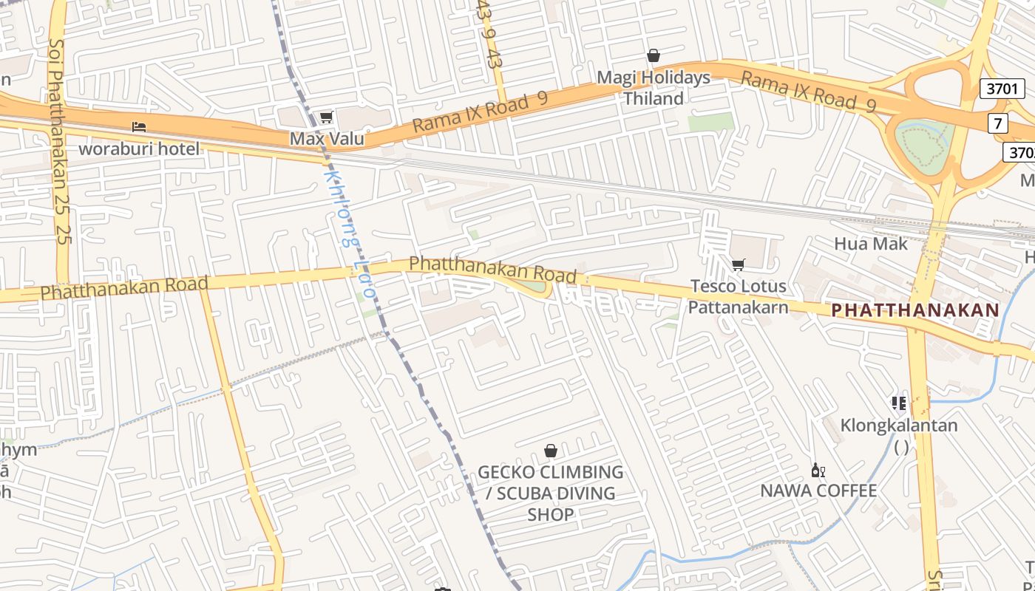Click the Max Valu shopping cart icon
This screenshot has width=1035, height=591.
point(326,117)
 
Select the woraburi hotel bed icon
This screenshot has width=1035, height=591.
point(139,126)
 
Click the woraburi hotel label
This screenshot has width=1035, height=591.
point(139,148)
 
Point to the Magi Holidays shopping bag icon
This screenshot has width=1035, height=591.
point(654,55)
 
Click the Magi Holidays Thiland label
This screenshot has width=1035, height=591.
point(654,88)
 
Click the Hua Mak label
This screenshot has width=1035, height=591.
point(870,244)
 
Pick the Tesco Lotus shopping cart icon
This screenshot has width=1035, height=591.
point(738,264)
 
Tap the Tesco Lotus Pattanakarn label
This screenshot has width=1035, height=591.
point(738,296)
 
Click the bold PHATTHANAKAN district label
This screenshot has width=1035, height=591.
point(915,310)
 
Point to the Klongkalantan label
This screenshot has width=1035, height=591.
point(899,426)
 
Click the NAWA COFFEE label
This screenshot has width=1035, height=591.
point(818,491)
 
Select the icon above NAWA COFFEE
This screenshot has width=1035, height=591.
point(818,470)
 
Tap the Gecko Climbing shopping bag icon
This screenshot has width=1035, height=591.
point(551,451)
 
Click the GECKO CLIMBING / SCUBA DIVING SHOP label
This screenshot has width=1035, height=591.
point(551,493)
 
